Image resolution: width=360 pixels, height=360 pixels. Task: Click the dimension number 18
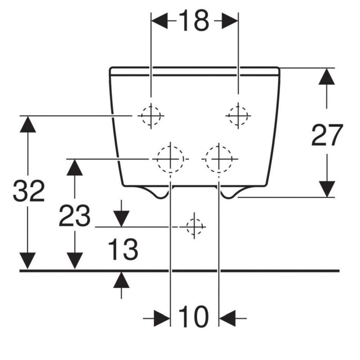194,21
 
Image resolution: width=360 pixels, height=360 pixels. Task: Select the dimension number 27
327,135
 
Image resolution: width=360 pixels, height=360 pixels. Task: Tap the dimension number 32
28,191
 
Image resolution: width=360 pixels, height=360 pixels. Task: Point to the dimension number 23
74,216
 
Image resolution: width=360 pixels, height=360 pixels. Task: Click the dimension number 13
123,249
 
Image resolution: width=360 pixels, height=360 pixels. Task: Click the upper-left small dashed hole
150,116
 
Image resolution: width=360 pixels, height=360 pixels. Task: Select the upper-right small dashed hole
238,116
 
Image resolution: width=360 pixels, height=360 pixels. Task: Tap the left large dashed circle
171,159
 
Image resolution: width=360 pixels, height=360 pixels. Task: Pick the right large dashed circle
219,159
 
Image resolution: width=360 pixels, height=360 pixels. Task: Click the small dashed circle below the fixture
194,227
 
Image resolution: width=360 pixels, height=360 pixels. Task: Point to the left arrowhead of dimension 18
160,21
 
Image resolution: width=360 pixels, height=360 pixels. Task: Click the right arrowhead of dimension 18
230,21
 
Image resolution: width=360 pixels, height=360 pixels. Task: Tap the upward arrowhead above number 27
327,77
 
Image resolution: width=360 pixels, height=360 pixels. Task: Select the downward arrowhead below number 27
327,189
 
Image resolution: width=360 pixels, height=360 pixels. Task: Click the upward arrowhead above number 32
28,124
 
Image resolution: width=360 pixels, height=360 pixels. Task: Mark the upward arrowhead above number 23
74,167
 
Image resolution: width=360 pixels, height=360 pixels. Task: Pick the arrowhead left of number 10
162,318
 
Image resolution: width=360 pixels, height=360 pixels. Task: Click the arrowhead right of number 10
227,318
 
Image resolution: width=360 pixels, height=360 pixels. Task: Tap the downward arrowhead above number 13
121,219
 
